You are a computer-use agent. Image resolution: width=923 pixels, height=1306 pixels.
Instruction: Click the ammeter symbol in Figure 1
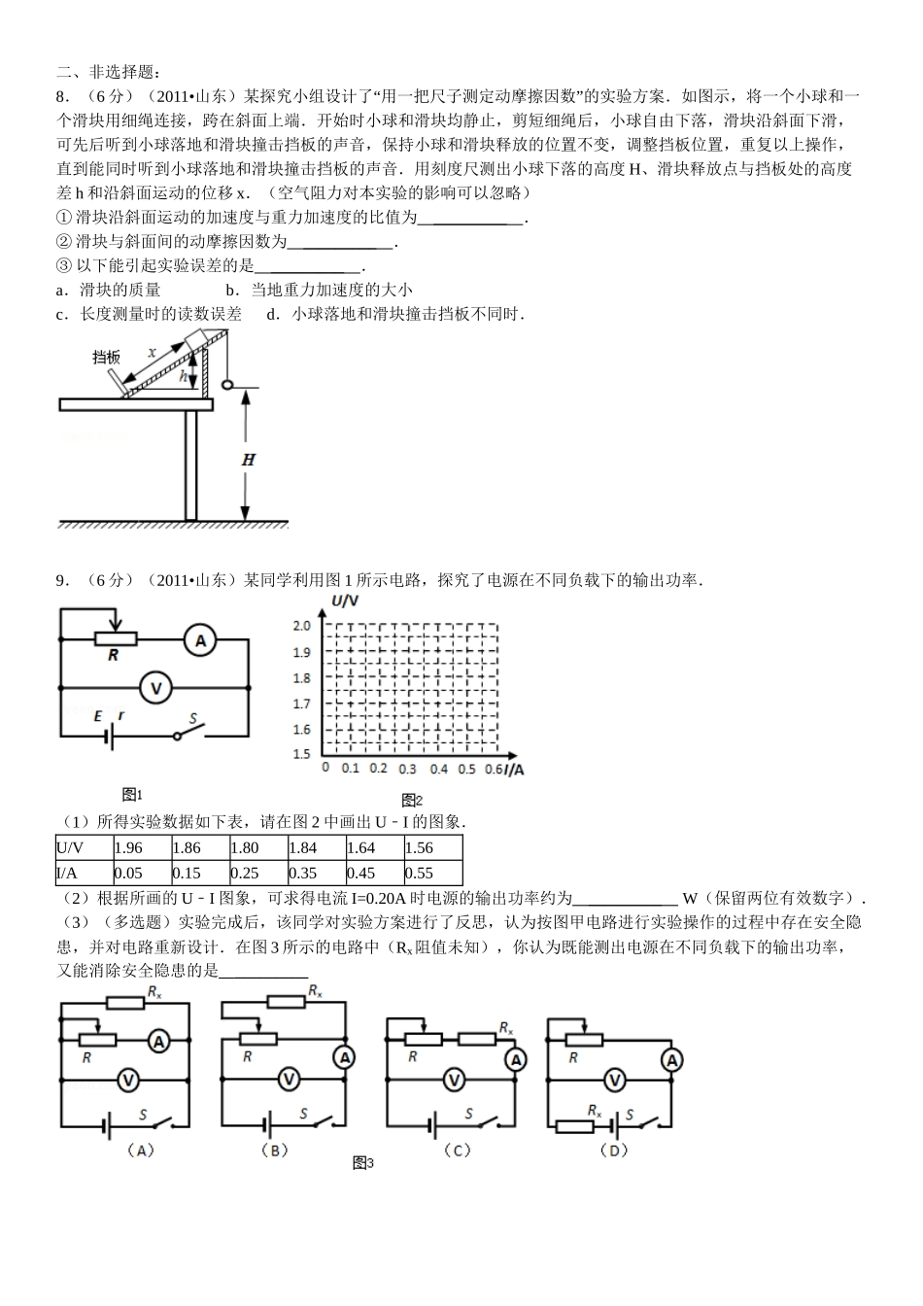[x=201, y=640]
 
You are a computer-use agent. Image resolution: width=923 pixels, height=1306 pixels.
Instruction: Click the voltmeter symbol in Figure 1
[x=154, y=688]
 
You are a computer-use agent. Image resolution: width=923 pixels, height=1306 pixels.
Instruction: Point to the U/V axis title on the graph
[x=346, y=601]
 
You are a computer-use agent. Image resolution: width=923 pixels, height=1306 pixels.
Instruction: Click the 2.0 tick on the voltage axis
[x=301, y=626]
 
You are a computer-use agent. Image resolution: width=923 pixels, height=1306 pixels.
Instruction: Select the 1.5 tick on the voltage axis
[x=301, y=754]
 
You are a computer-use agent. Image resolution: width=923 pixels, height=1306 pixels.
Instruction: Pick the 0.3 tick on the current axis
[x=407, y=769]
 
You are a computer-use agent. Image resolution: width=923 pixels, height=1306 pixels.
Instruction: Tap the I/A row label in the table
[x=67, y=873]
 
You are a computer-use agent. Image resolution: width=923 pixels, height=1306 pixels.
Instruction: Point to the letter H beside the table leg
[x=249, y=460]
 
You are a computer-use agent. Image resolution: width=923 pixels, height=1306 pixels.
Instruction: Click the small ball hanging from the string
[x=228, y=384]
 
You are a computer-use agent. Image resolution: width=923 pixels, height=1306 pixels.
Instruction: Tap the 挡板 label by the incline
[x=106, y=357]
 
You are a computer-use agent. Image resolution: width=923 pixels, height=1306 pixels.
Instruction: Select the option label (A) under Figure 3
[x=142, y=1150]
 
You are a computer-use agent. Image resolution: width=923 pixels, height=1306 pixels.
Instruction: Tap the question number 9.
[x=62, y=580]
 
